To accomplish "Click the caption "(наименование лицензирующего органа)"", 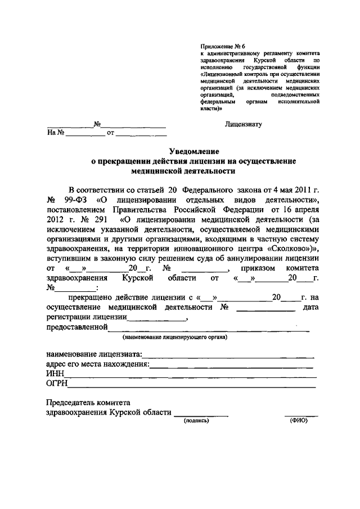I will click(175, 337).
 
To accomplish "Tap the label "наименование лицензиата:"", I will click(94, 354).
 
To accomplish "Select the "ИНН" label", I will click(55, 374).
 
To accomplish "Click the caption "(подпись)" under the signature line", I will click(196, 420).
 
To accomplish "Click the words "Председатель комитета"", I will click(88, 403).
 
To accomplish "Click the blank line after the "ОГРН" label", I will click(191, 387).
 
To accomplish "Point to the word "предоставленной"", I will click(76, 327).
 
